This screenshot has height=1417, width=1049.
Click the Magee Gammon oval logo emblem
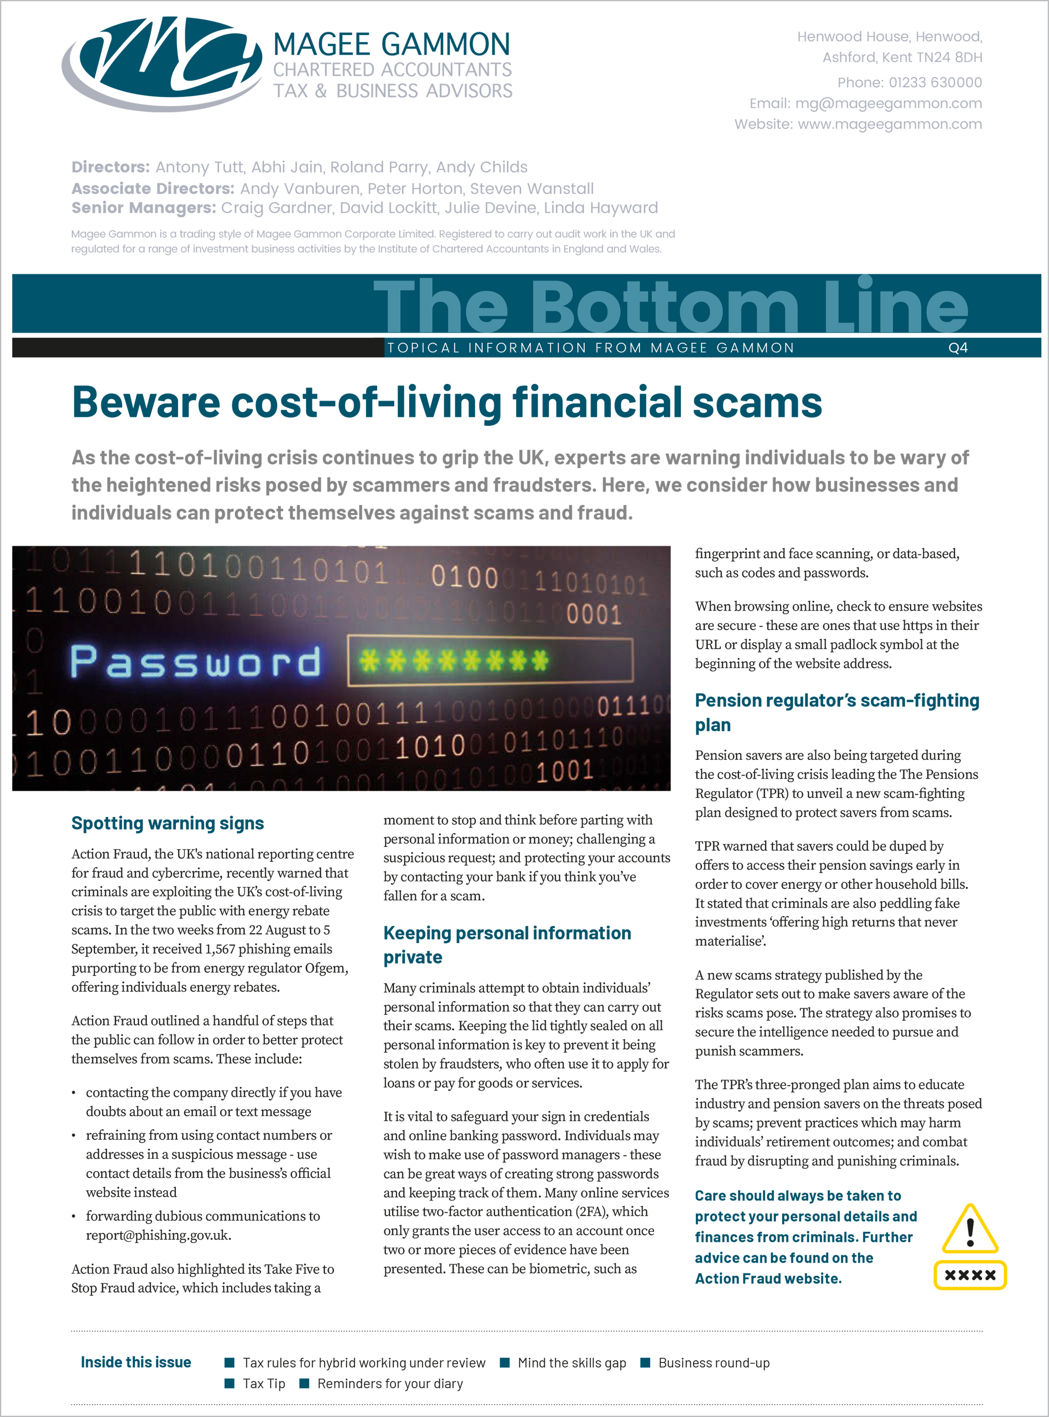click(x=162, y=63)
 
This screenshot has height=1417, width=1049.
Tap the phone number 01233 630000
click(x=935, y=82)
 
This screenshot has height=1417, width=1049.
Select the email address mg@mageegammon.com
click(x=888, y=104)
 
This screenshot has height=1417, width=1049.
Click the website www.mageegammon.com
click(x=890, y=124)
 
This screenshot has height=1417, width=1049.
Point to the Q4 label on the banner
click(x=958, y=348)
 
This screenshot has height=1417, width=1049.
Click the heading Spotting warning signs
click(x=168, y=823)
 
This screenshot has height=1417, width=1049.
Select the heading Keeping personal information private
click(x=507, y=945)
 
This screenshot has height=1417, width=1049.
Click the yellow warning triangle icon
click(x=969, y=1230)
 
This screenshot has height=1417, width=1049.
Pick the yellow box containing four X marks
click(x=969, y=1275)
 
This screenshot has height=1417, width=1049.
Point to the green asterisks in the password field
click(x=453, y=661)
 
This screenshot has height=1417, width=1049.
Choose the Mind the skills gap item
click(x=571, y=1362)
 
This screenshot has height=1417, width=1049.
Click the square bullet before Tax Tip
click(x=230, y=1383)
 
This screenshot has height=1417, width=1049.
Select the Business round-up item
click(x=714, y=1362)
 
